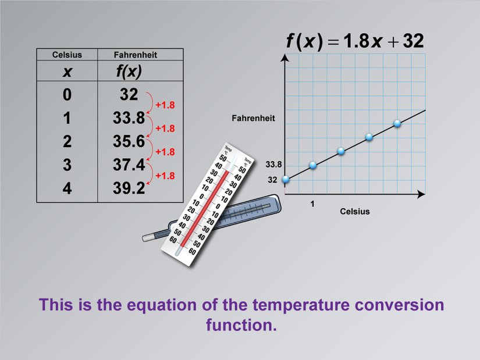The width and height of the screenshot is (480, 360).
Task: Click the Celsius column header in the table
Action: (x=67, y=55)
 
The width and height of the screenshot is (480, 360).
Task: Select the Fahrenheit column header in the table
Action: (x=136, y=55)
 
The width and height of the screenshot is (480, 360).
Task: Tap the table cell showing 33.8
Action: (x=129, y=118)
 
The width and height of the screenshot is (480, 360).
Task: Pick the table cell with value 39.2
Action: (x=129, y=188)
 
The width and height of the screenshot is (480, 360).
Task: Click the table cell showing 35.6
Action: (x=129, y=142)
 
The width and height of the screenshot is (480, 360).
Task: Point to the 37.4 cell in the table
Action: (x=129, y=165)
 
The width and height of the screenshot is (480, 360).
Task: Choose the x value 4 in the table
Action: (x=67, y=188)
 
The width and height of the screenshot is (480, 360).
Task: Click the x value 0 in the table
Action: (x=67, y=95)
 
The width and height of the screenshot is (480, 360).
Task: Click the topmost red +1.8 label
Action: (x=165, y=105)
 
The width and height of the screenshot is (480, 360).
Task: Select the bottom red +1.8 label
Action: (x=165, y=176)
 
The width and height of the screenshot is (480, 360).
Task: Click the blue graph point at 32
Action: (x=285, y=179)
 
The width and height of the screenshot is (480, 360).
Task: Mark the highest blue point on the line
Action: (x=397, y=123)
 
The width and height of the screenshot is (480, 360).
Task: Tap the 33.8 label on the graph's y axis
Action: (x=273, y=165)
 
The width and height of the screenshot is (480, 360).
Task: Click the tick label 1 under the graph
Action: (x=312, y=204)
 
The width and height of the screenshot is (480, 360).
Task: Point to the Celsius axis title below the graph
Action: (x=354, y=211)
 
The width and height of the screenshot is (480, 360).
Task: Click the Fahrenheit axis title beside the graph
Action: (x=253, y=118)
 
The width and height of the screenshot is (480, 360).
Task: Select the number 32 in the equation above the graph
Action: (x=410, y=41)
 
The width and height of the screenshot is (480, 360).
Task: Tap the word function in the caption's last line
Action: (x=240, y=325)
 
